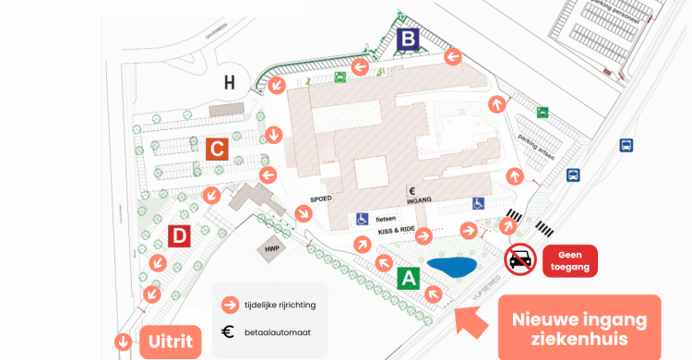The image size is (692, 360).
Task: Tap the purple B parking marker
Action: [408, 41]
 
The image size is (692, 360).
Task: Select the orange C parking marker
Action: [217, 149]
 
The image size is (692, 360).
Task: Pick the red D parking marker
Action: [180, 236]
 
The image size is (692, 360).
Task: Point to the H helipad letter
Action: [230, 83]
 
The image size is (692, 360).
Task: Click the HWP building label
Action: [271, 249]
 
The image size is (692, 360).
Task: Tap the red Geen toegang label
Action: [570, 260]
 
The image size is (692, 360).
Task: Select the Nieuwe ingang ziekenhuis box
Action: [579, 329]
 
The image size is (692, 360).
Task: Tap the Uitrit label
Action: [171, 342]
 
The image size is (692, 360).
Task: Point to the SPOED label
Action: [320, 198]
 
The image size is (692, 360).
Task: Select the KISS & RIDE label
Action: [397, 231]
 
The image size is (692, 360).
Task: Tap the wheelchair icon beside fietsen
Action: [364, 219]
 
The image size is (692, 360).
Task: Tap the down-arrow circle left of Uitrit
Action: [122, 342]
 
